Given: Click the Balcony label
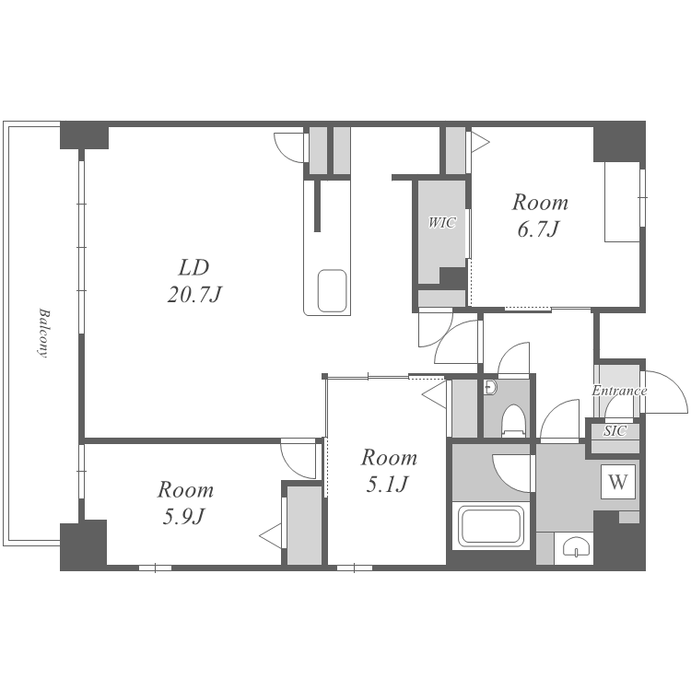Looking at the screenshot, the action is (42, 333).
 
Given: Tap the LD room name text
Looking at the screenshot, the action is (193, 267).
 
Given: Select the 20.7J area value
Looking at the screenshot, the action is (193, 295).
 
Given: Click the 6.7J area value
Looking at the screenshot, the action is (539, 229).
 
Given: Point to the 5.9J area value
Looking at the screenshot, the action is (184, 517).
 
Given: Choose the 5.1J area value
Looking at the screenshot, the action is (388, 485).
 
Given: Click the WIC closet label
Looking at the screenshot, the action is (442, 223).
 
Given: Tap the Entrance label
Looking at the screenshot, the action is (619, 391).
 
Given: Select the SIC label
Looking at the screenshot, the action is (615, 430).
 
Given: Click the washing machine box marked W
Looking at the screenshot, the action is (618, 482).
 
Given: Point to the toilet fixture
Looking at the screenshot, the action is (514, 421).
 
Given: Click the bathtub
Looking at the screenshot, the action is (490, 526).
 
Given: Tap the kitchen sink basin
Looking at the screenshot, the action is (333, 291).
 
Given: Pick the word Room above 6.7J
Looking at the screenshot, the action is (540, 203).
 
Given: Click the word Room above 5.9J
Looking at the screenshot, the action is (185, 489).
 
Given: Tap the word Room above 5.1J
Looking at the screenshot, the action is (389, 457).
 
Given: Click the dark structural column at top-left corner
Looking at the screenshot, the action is (84, 135).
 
